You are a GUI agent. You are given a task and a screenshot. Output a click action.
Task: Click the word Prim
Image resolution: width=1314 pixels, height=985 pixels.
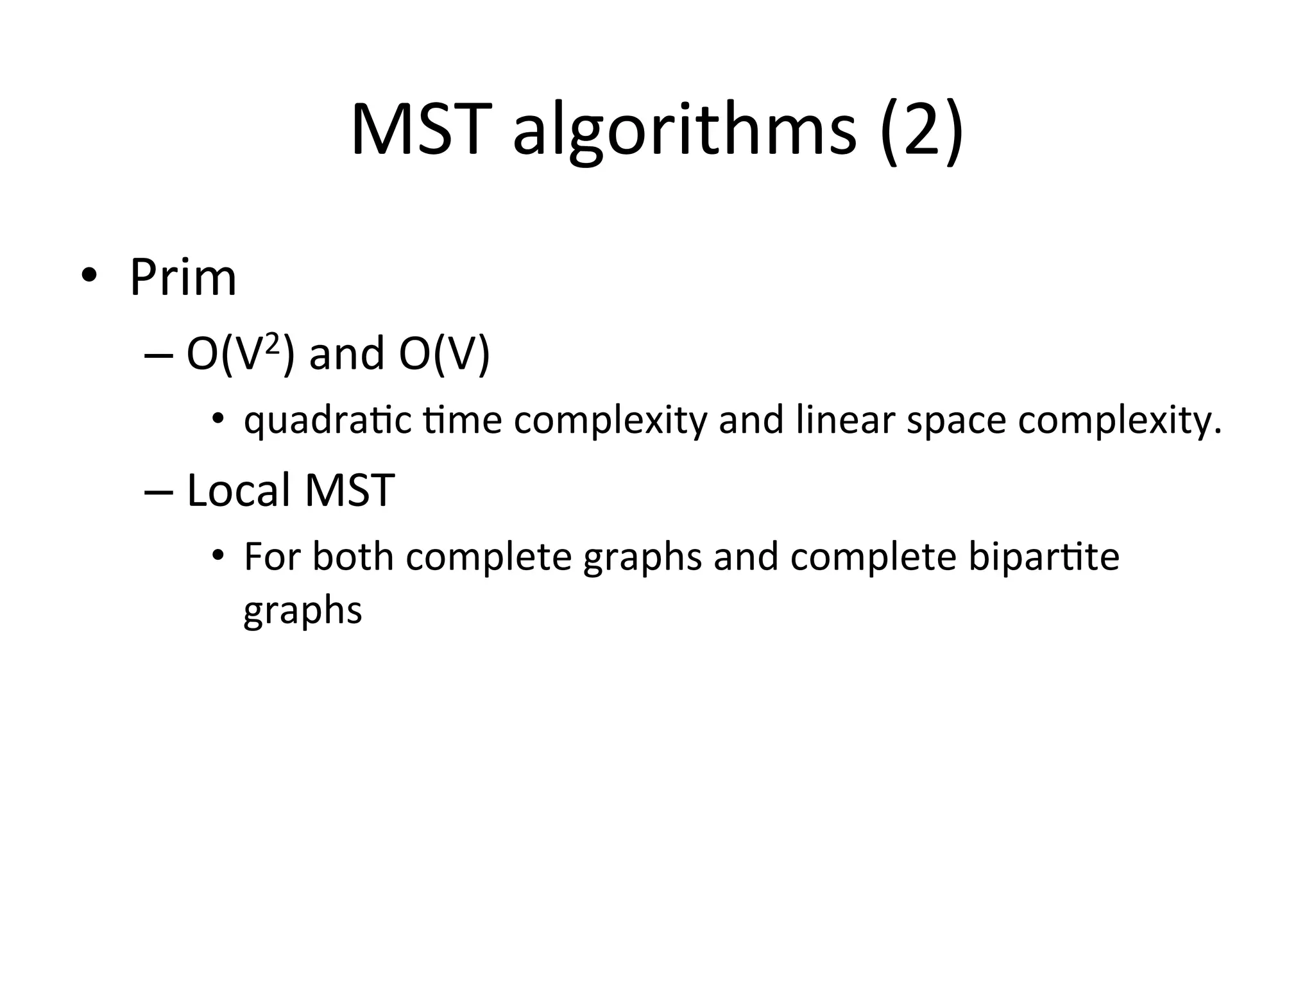pos(183,277)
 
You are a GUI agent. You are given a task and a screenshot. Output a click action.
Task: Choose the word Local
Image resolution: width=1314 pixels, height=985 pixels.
pos(238,490)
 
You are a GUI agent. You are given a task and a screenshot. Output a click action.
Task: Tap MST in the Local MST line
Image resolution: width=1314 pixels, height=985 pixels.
pos(349,490)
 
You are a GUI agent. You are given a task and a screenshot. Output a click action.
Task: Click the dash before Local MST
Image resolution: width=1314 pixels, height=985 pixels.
pos(159,491)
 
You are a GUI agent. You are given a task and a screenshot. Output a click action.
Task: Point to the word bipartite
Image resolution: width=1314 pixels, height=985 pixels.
pos(1043,557)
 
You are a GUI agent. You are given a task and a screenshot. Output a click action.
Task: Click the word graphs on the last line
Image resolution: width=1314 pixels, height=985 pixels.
pos(302,611)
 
